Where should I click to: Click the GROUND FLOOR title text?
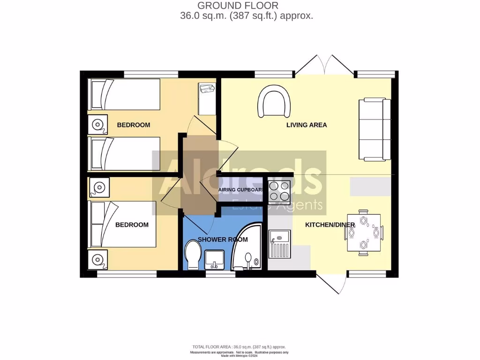coord(238,6)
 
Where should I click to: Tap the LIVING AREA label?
coord(307,125)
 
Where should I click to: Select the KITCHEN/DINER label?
coord(330,225)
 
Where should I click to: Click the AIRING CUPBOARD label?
coord(242,190)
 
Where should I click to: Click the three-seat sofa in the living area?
coord(375,129)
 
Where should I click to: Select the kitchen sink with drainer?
coord(280,244)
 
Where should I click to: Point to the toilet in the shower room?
coord(193,255)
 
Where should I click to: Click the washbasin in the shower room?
coord(215,258)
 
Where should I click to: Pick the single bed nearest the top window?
coord(125,94)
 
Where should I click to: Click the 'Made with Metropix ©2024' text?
coord(239,356)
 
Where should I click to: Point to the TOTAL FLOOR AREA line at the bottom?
coord(239,347)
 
